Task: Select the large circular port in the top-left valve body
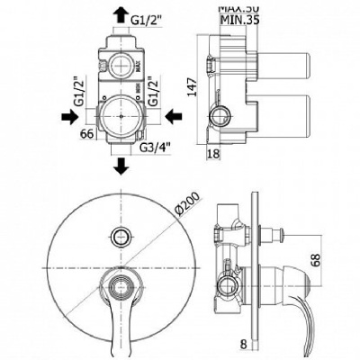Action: click(120, 116)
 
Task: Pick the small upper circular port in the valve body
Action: click(118, 63)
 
